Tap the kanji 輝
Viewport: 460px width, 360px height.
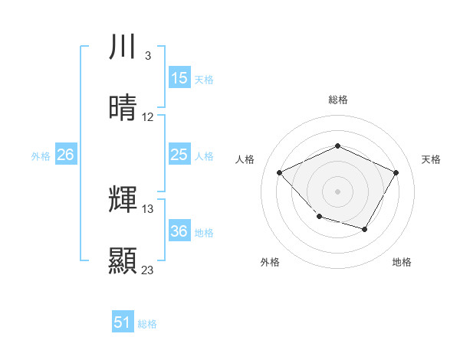123,200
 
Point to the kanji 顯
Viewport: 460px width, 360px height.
123,261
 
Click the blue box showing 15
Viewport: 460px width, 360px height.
179,78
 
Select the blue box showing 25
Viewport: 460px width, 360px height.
179,155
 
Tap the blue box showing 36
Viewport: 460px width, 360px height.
179,231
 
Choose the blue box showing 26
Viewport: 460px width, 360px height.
65,155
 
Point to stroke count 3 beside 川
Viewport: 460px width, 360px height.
147,56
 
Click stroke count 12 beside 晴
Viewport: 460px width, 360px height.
148,117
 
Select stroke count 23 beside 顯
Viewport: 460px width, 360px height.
148,270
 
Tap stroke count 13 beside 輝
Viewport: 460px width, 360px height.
148,208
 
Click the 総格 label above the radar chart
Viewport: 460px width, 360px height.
337,100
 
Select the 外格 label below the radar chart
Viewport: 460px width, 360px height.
270,262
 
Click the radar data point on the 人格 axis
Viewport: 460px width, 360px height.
280,172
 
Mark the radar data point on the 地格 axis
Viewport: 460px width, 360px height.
365,229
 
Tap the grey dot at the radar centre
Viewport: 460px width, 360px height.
337,191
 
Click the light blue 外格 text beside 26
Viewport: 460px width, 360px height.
41,155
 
